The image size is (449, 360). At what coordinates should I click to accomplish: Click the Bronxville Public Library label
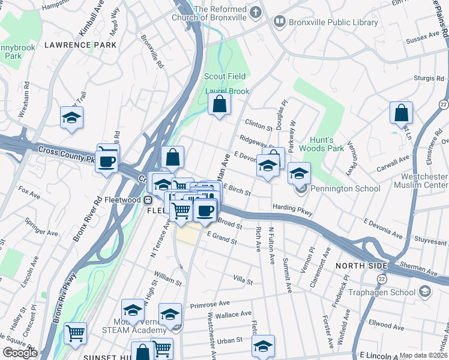(x=334, y=23)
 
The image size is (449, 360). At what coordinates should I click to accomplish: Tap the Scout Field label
(x=225, y=76)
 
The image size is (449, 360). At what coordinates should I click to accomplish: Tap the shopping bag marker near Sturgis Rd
(x=401, y=113)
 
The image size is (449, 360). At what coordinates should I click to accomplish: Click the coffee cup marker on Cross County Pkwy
(x=107, y=161)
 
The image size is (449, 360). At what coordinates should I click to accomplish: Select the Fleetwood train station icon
(x=146, y=199)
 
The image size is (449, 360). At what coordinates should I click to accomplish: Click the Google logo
(x=20, y=353)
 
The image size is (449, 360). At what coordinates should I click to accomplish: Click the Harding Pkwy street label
(x=292, y=209)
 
